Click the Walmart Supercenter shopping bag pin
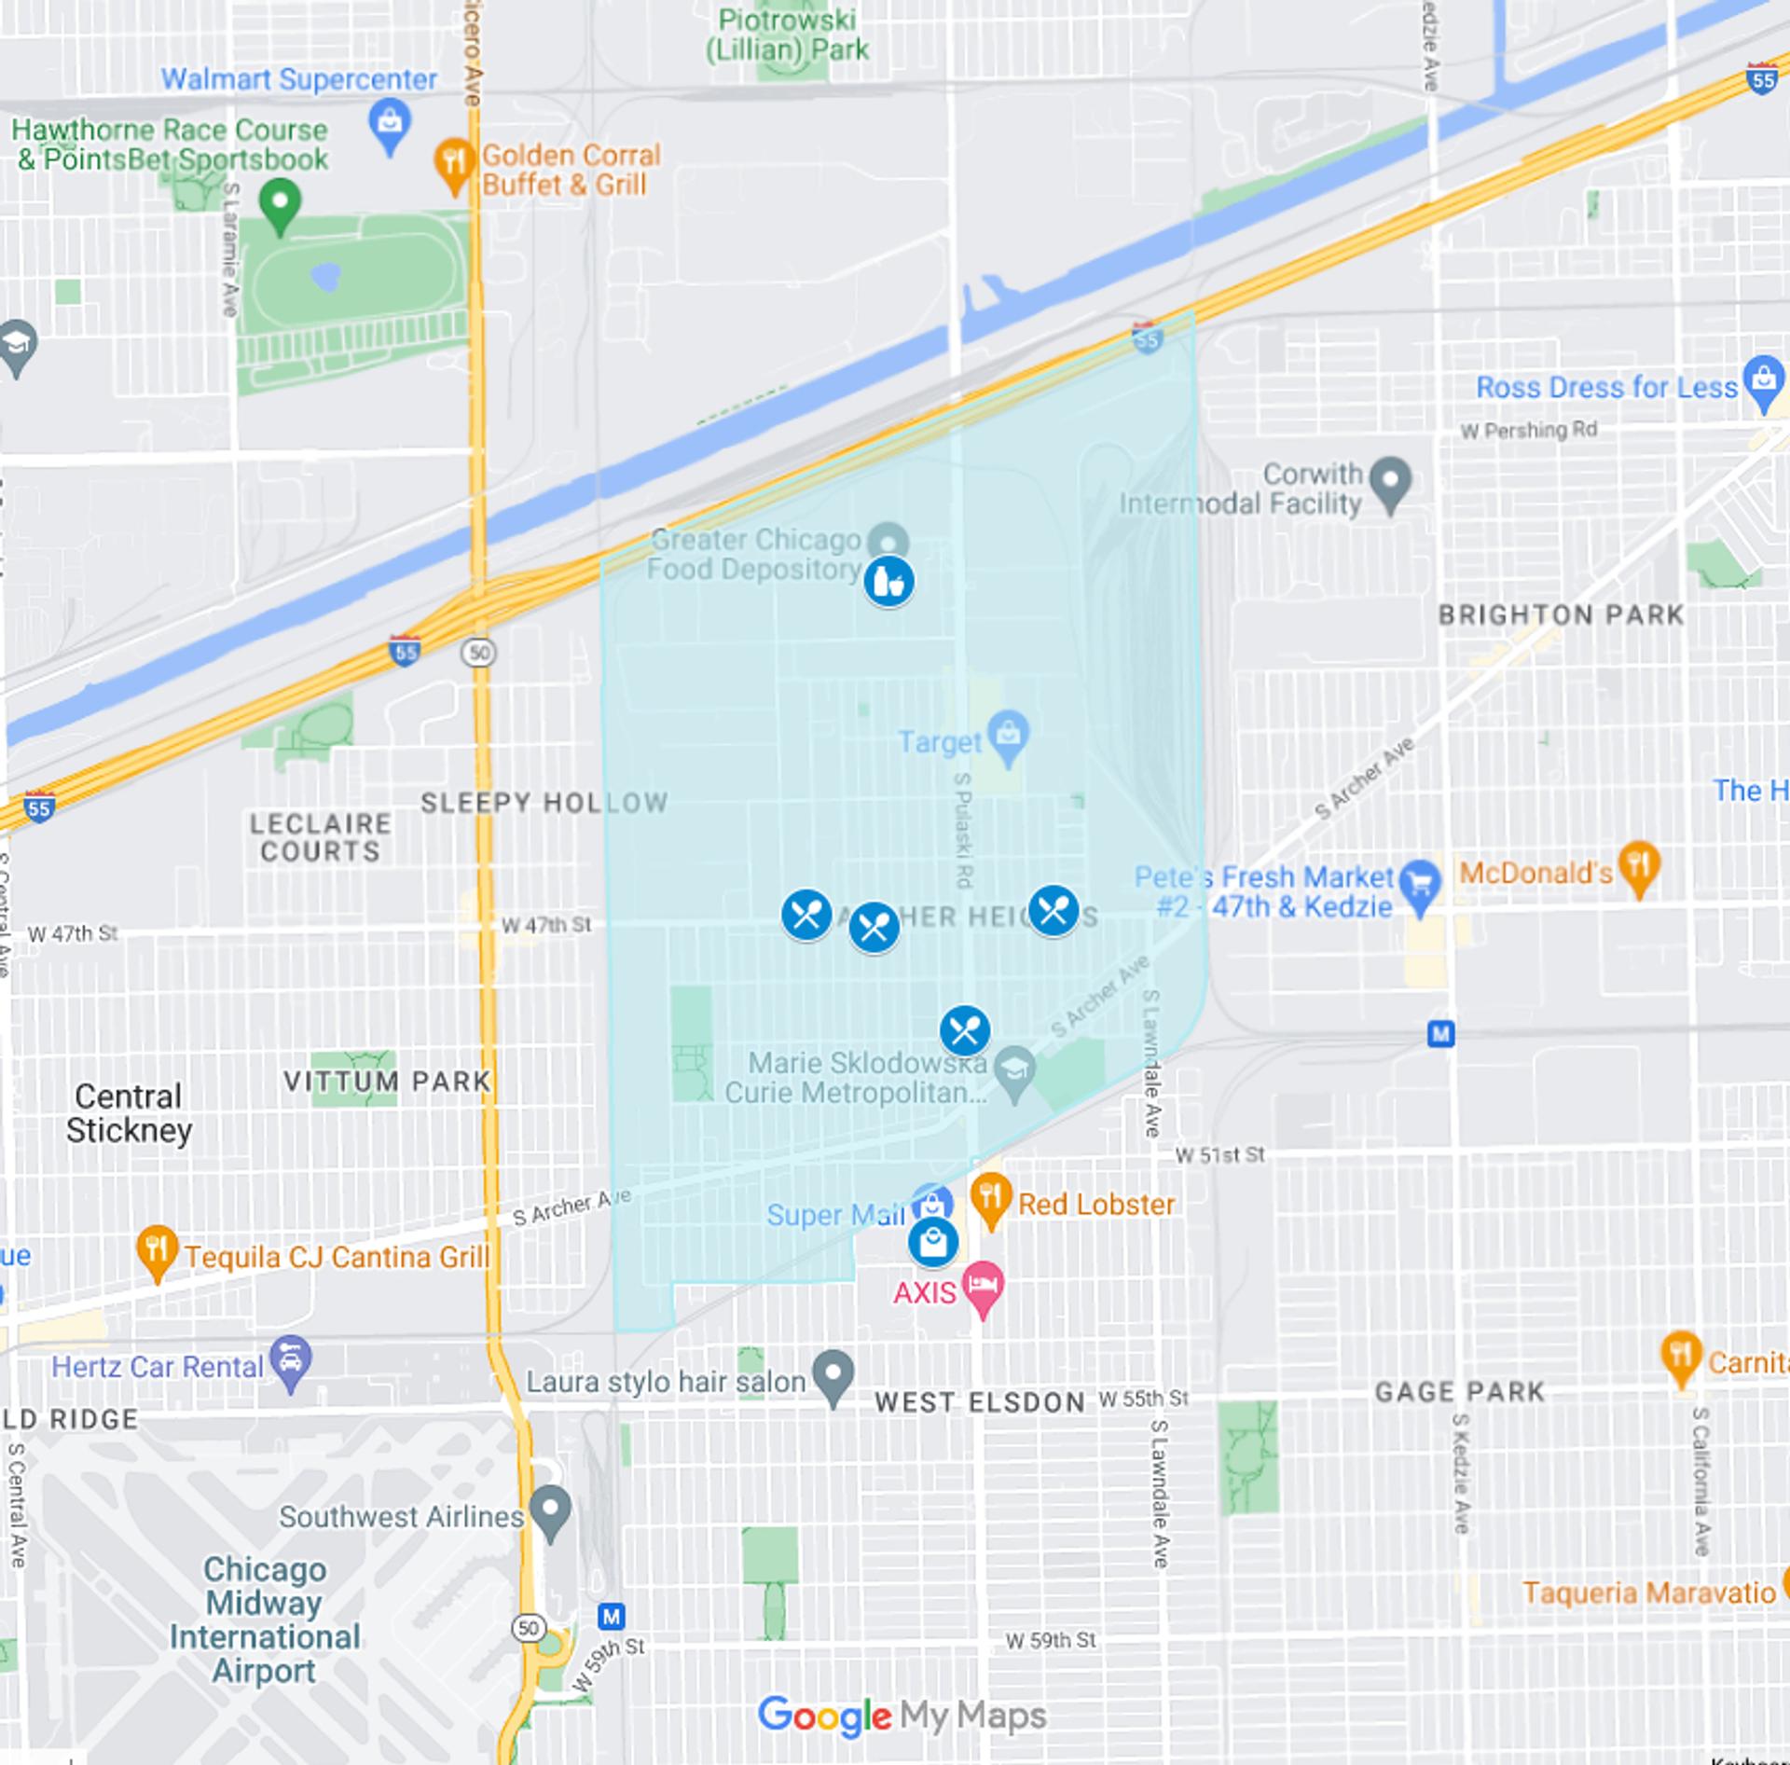point(390,123)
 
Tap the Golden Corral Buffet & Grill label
point(570,170)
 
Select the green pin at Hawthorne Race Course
point(280,202)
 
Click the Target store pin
point(1008,735)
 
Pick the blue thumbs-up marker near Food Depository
point(888,583)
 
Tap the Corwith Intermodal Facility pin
point(1390,482)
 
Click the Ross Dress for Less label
point(1605,387)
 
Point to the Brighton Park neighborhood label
point(1561,615)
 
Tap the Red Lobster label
point(1095,1204)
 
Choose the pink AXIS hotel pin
point(983,1286)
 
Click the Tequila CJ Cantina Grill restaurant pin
point(157,1249)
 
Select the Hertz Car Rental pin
point(290,1361)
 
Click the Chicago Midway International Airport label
point(264,1620)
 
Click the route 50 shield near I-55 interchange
point(479,653)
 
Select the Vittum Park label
point(386,1082)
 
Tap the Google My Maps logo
point(901,1717)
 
